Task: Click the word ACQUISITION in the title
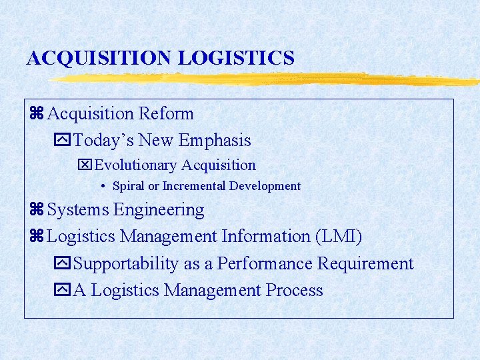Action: (100, 58)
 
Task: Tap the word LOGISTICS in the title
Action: (236, 58)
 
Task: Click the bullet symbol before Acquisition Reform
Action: (36, 115)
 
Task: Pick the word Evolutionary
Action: (137, 165)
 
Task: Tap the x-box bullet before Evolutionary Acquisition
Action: (86, 165)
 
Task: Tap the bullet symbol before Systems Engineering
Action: (36, 211)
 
